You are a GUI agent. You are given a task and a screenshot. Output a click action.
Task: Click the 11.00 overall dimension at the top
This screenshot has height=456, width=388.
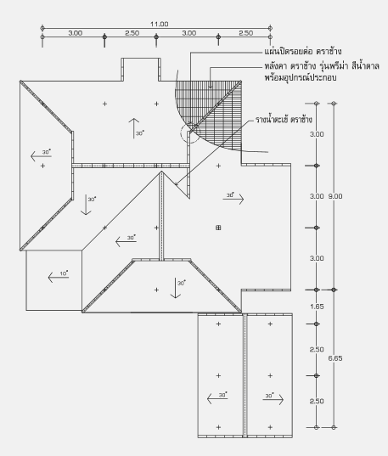pos(159,24)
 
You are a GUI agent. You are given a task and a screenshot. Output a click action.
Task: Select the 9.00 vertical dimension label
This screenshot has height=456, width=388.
pos(335,196)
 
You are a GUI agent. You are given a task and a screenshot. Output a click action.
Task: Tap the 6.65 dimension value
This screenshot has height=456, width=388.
pos(335,358)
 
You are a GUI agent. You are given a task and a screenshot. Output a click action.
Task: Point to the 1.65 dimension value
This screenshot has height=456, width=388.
pos(317,307)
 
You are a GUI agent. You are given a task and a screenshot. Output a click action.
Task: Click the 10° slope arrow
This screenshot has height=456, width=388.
pos(59,277)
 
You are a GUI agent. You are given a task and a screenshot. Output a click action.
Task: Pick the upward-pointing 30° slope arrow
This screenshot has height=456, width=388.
pos(134,128)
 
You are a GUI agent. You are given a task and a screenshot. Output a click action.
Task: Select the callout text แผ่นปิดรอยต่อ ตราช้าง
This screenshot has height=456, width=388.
pos(303,52)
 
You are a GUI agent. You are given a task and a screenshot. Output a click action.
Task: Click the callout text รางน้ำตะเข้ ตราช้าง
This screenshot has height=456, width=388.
pos(284,120)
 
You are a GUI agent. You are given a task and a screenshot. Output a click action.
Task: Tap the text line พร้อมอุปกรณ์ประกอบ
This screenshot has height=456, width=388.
pos(301,78)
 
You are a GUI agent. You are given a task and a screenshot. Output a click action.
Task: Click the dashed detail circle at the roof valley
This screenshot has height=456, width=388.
pos(190,133)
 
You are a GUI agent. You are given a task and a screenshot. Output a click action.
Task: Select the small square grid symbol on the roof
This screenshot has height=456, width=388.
pos(218,228)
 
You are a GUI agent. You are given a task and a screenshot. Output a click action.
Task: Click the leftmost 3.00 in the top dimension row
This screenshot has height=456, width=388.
pos(76,33)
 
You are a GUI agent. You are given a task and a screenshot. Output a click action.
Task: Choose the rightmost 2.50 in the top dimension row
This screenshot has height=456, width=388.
pos(246,33)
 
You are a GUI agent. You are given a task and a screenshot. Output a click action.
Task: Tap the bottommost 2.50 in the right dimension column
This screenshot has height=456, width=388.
pos(317,402)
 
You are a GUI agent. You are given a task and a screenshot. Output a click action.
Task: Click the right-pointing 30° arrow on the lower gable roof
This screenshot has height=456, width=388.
pos(273,400)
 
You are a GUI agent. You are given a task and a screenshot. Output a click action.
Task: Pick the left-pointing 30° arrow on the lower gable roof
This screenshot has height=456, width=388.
pos(217,398)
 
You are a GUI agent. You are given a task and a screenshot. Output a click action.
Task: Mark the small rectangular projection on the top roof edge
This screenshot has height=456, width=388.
pos(141,70)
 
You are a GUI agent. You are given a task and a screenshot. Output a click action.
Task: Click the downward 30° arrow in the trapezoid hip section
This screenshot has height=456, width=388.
pos(176,288)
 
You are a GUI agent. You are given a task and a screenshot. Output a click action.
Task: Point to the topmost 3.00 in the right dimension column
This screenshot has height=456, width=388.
pos(317,134)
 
